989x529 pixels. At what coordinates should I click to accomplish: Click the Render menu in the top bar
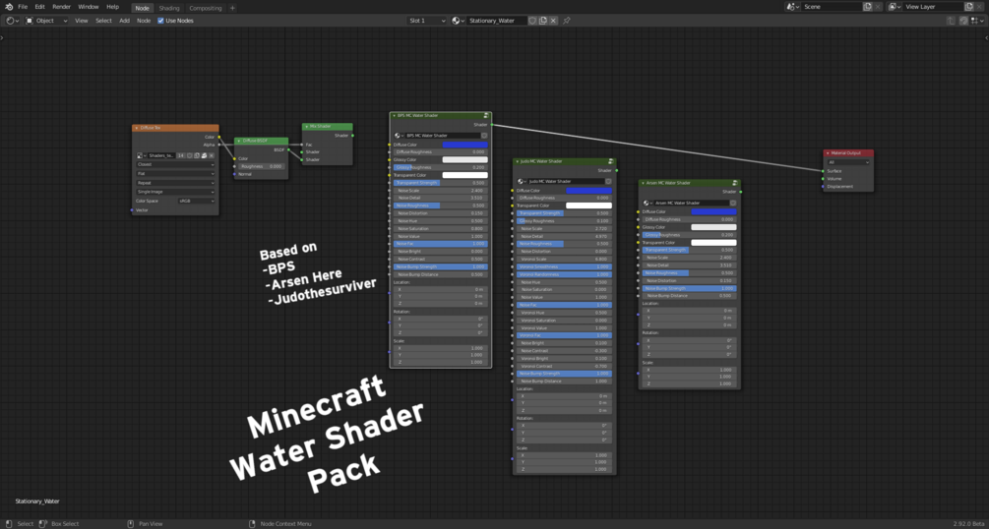point(61,7)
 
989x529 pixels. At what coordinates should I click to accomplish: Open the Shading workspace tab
point(169,8)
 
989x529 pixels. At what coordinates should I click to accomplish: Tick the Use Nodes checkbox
point(160,21)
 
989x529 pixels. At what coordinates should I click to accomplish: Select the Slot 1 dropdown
point(426,21)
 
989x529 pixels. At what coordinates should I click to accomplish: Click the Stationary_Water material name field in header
point(495,21)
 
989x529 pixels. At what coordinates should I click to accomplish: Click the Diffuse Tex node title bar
point(175,128)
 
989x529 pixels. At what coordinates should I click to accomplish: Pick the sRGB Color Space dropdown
point(196,201)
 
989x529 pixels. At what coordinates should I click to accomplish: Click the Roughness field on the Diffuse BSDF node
point(261,166)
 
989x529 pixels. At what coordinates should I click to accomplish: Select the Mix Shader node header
point(328,126)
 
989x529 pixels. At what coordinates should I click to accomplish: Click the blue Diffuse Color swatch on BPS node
point(464,145)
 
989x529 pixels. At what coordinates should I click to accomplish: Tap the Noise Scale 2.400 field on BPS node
point(440,191)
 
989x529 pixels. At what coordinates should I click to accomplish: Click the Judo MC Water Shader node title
point(564,161)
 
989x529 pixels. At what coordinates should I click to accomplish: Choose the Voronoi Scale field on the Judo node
point(564,259)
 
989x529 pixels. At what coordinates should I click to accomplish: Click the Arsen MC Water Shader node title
point(689,183)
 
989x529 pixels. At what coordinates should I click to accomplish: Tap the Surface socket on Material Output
point(824,171)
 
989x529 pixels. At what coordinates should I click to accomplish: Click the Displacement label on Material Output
point(840,187)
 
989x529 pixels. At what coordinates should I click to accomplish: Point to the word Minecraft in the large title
point(316,407)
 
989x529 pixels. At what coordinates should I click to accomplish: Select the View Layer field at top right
point(931,7)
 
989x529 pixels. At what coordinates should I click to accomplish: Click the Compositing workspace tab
point(206,8)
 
